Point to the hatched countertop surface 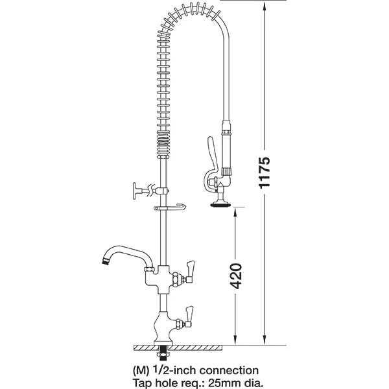194,348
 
